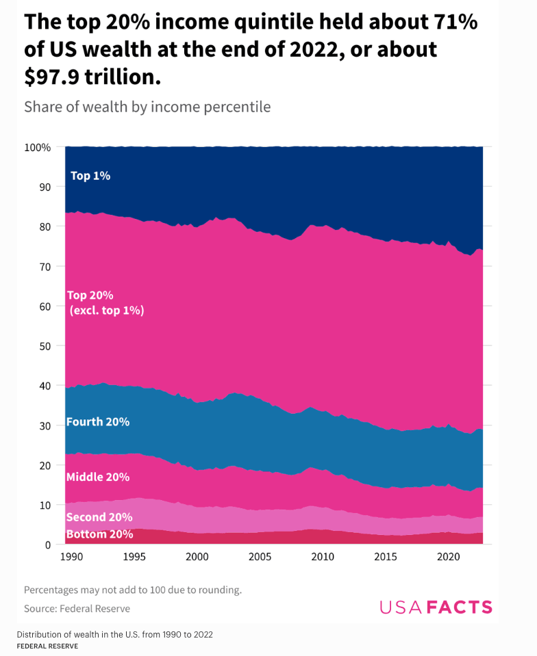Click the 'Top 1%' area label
pos(90,176)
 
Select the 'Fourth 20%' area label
pos(98,421)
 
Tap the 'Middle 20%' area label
pos(98,477)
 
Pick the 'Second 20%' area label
pos(99,517)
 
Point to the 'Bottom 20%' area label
pos(99,534)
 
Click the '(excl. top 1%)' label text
pos(107,311)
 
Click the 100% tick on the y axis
pos(37,147)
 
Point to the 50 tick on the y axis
pos(45,346)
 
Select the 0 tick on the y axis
pos(47,545)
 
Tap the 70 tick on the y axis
pos(45,266)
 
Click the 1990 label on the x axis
pos(71,557)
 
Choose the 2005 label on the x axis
pos(260,557)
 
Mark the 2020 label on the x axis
pos(449,557)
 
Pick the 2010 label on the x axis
pos(323,557)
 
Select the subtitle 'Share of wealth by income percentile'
pos(147,107)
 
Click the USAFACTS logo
pos(436,607)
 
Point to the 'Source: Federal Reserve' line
pos(77,608)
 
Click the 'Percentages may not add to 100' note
pos(132,590)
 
